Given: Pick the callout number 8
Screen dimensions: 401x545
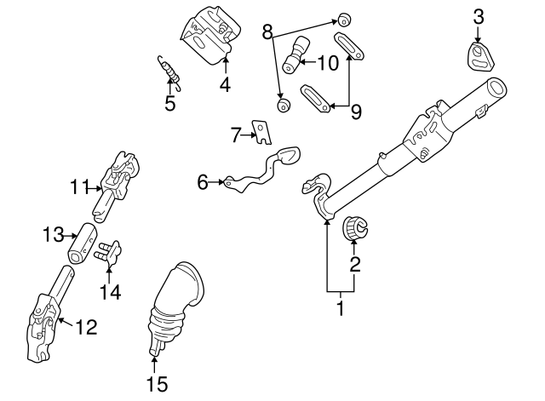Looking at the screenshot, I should (x=267, y=33).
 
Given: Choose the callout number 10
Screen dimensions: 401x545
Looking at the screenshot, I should (x=328, y=61).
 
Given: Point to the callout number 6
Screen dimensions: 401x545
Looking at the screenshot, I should (x=203, y=181).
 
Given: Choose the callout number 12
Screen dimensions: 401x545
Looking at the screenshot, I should (x=87, y=326).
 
